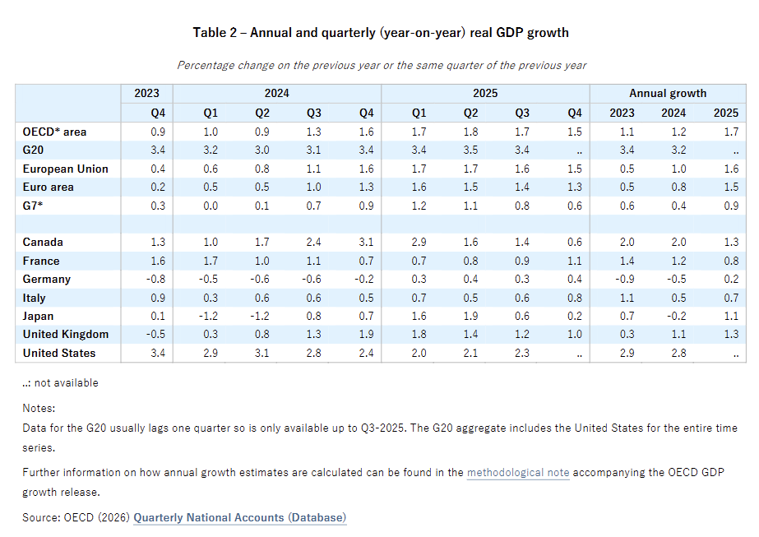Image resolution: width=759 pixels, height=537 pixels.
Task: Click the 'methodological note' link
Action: [518, 472]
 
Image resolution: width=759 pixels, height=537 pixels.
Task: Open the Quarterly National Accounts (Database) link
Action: [239, 517]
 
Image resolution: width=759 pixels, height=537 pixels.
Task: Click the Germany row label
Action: [47, 279]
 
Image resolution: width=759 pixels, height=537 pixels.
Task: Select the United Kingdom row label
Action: [65, 334]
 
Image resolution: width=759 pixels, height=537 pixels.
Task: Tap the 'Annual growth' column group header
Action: [668, 93]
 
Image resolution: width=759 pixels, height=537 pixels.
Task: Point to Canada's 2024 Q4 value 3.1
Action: [367, 242]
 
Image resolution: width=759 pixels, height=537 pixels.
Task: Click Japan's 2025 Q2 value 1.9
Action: [470, 316]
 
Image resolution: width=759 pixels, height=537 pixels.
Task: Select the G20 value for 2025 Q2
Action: [470, 150]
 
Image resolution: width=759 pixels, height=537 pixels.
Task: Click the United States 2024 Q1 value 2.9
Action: [211, 353]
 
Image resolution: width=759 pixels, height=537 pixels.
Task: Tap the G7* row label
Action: [32, 206]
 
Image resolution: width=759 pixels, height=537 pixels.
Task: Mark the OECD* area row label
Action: [54, 132]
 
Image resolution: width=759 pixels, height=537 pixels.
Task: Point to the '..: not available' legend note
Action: [60, 382]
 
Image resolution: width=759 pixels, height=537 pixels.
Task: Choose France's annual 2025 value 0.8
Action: [731, 261]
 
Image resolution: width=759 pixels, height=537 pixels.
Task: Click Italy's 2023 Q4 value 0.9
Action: [158, 298]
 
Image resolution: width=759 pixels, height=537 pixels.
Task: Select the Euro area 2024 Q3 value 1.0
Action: [313, 187]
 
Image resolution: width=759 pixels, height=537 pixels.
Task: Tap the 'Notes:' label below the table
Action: [39, 408]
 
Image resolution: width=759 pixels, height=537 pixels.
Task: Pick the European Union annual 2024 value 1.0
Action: [678, 169]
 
